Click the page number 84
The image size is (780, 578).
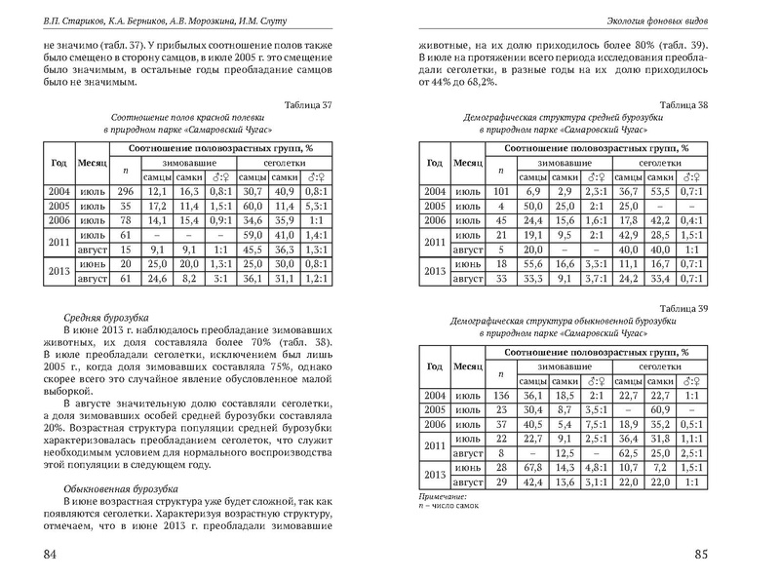click(x=43, y=555)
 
